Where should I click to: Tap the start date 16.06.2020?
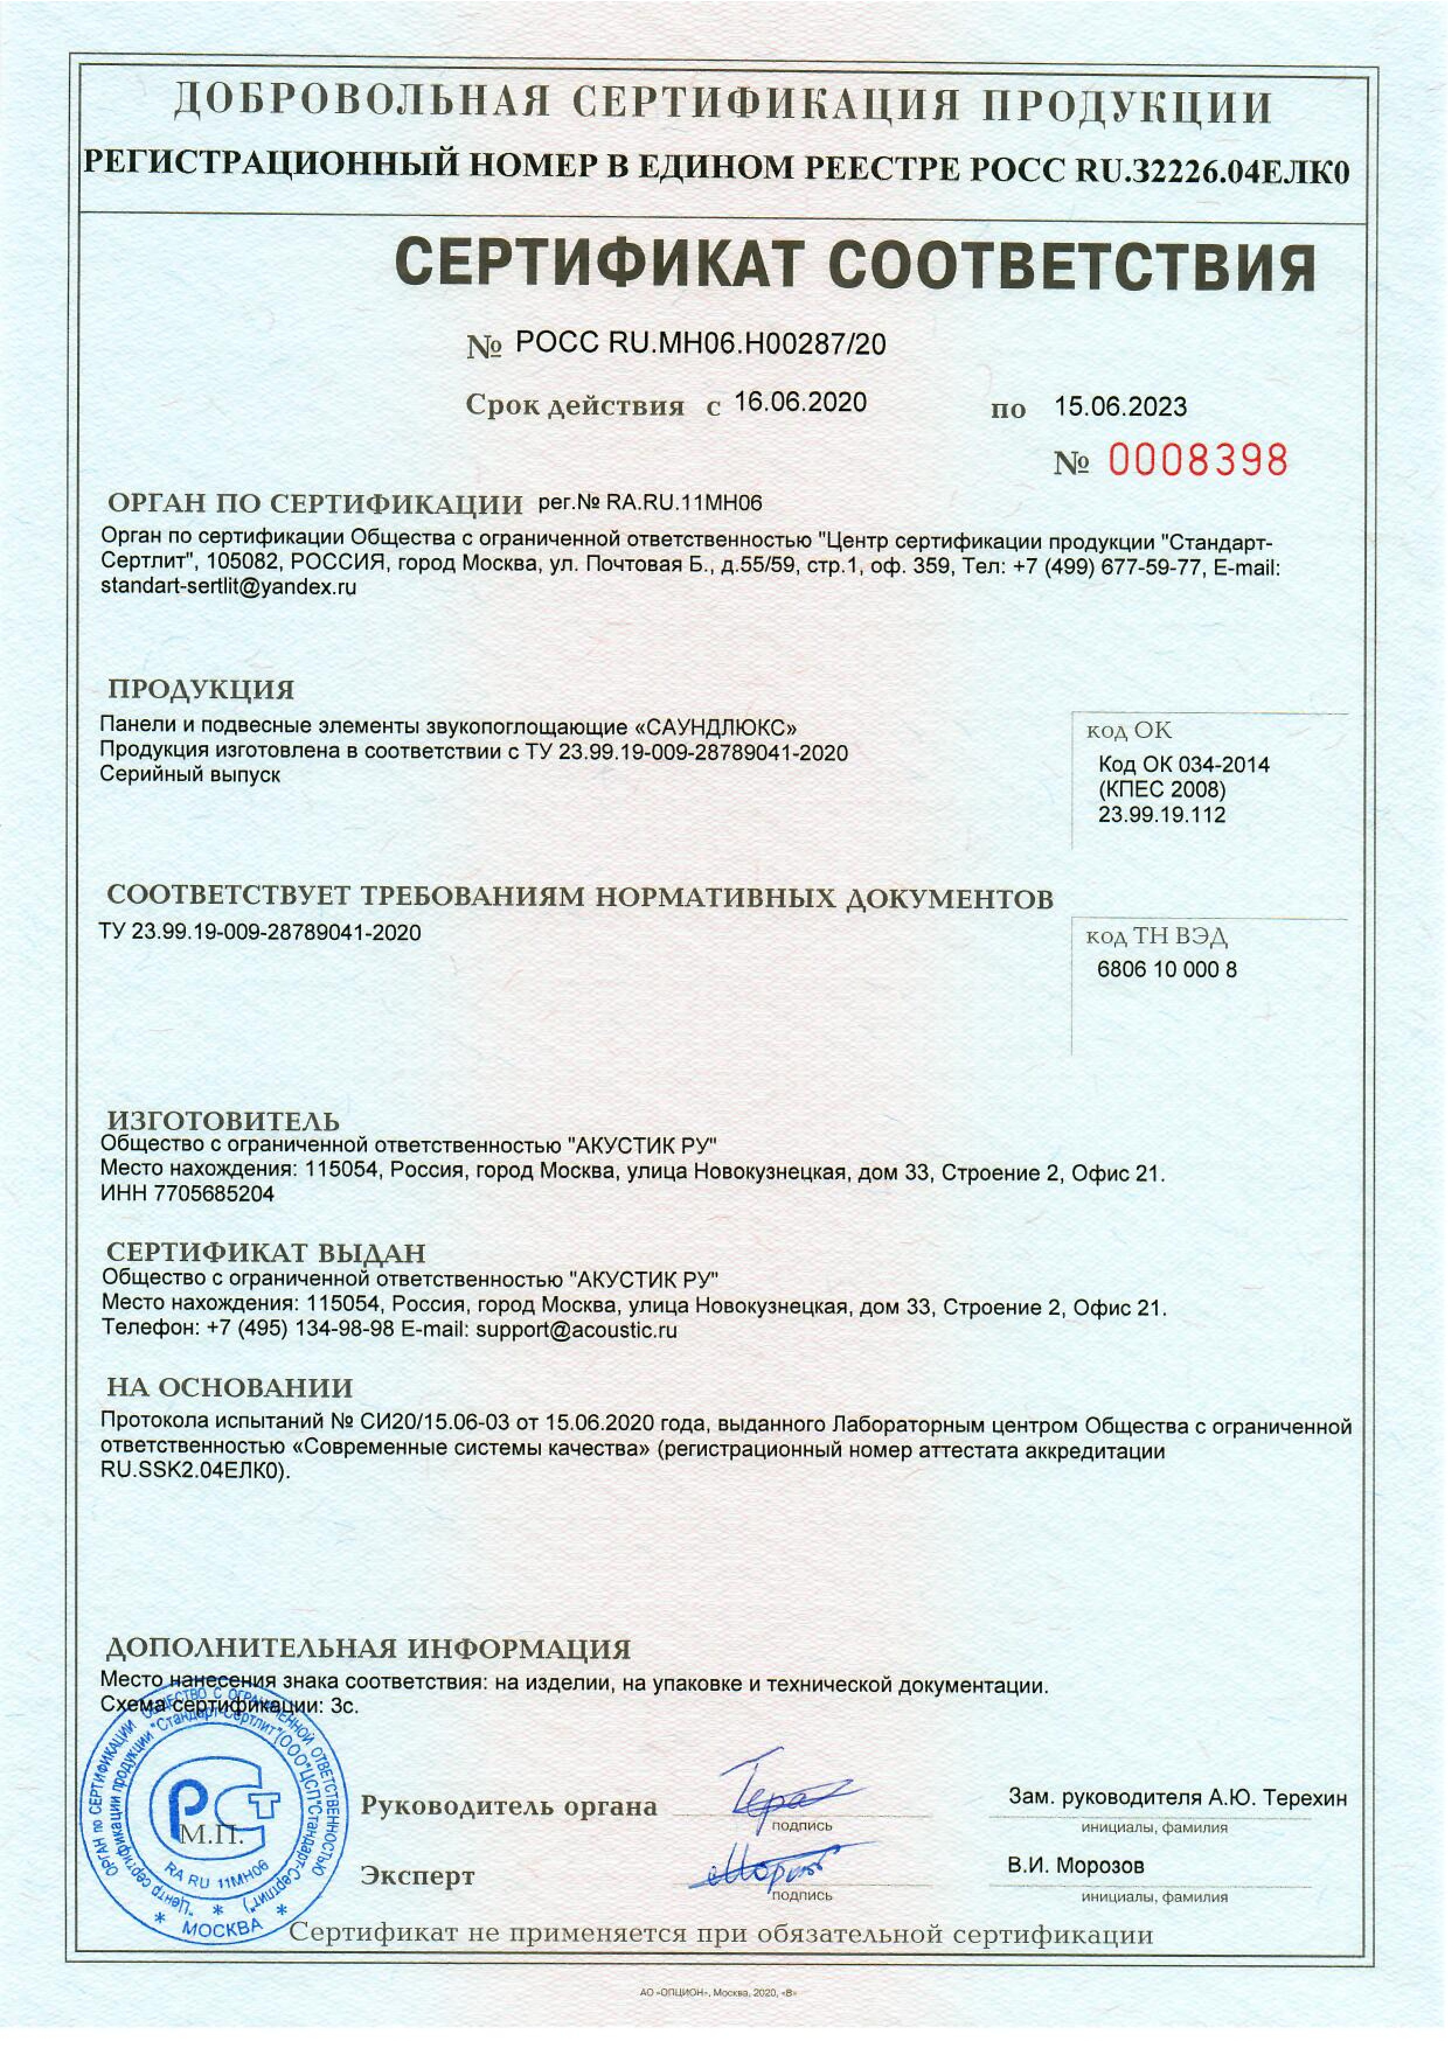tap(800, 403)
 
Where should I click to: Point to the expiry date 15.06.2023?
tap(1120, 407)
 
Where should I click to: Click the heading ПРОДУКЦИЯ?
tap(201, 689)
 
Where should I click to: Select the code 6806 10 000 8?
tap(1166, 970)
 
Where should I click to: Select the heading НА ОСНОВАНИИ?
tap(230, 1388)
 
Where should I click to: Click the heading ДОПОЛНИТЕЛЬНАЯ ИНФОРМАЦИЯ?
tap(367, 1648)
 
